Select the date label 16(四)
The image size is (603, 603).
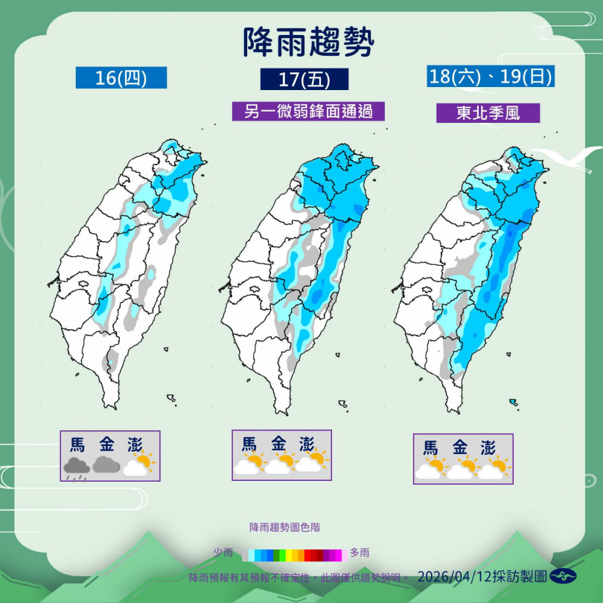pos(121,77)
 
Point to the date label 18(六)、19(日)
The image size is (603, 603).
pos(491,76)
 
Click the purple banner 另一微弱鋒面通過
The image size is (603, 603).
pos(308,111)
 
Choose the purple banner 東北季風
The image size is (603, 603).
pos(488,113)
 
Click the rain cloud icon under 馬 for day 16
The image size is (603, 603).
pos(77,468)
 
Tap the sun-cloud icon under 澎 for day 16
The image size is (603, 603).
pos(139,465)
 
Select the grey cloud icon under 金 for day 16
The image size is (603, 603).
pos(107,465)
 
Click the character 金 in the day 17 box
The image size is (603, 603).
pos(278,444)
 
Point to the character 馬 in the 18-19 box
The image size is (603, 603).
pos(431,448)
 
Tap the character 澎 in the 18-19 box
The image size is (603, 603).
pos(488,448)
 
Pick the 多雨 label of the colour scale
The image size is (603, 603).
pos(360,553)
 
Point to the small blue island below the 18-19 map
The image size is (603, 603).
pos(513,402)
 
